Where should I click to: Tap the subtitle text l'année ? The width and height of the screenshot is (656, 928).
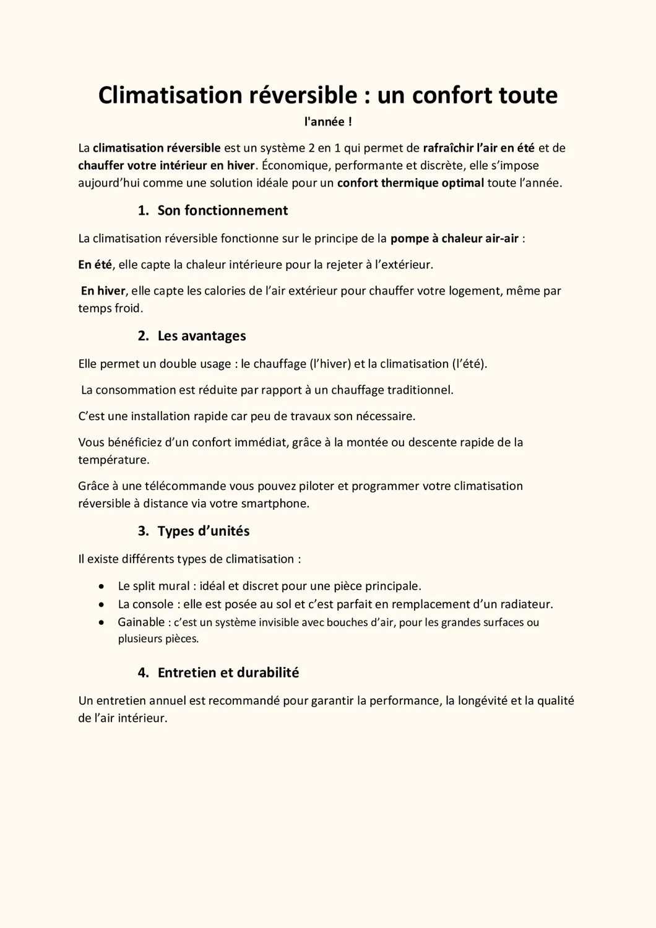click(x=328, y=122)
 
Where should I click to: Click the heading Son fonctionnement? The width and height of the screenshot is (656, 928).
click(x=222, y=210)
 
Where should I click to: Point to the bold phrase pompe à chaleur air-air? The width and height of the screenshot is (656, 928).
click(x=454, y=238)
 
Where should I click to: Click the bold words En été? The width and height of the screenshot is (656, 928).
click(x=95, y=265)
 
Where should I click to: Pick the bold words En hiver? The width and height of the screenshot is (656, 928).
click(x=103, y=291)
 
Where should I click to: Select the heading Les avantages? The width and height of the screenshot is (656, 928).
click(x=201, y=336)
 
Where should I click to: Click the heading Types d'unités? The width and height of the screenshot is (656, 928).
click(x=203, y=531)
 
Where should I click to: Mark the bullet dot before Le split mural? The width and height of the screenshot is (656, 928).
click(x=101, y=586)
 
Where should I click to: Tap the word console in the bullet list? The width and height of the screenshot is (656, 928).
click(x=153, y=604)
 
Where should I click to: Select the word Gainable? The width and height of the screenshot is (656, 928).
click(x=141, y=622)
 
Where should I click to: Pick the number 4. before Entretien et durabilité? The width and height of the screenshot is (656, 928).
click(x=143, y=672)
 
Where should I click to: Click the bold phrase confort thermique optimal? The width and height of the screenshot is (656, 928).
click(x=410, y=183)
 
